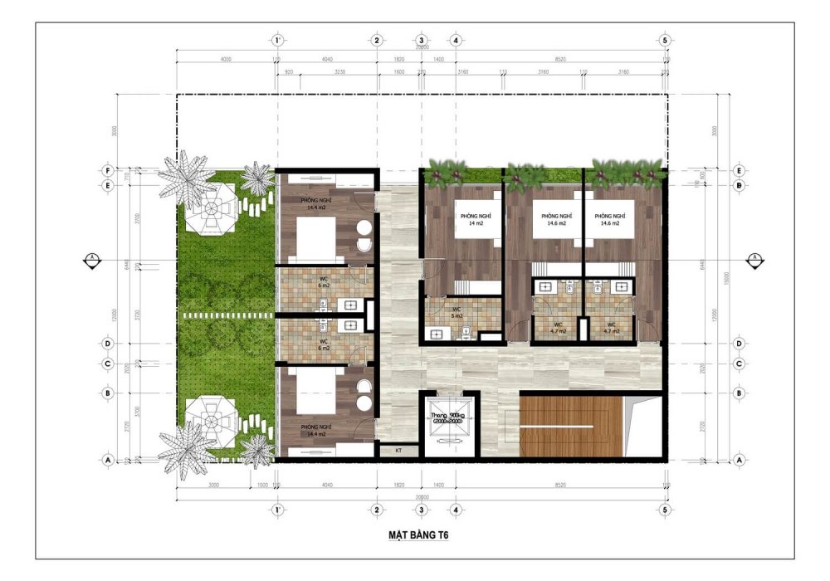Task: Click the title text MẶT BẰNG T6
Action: tap(416, 535)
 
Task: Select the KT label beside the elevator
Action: tap(398, 450)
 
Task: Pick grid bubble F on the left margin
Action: tap(107, 169)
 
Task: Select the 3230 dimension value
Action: tap(339, 72)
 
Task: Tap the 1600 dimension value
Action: tap(398, 72)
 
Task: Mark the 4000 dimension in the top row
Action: tap(226, 60)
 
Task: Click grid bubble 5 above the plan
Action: tap(664, 40)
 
